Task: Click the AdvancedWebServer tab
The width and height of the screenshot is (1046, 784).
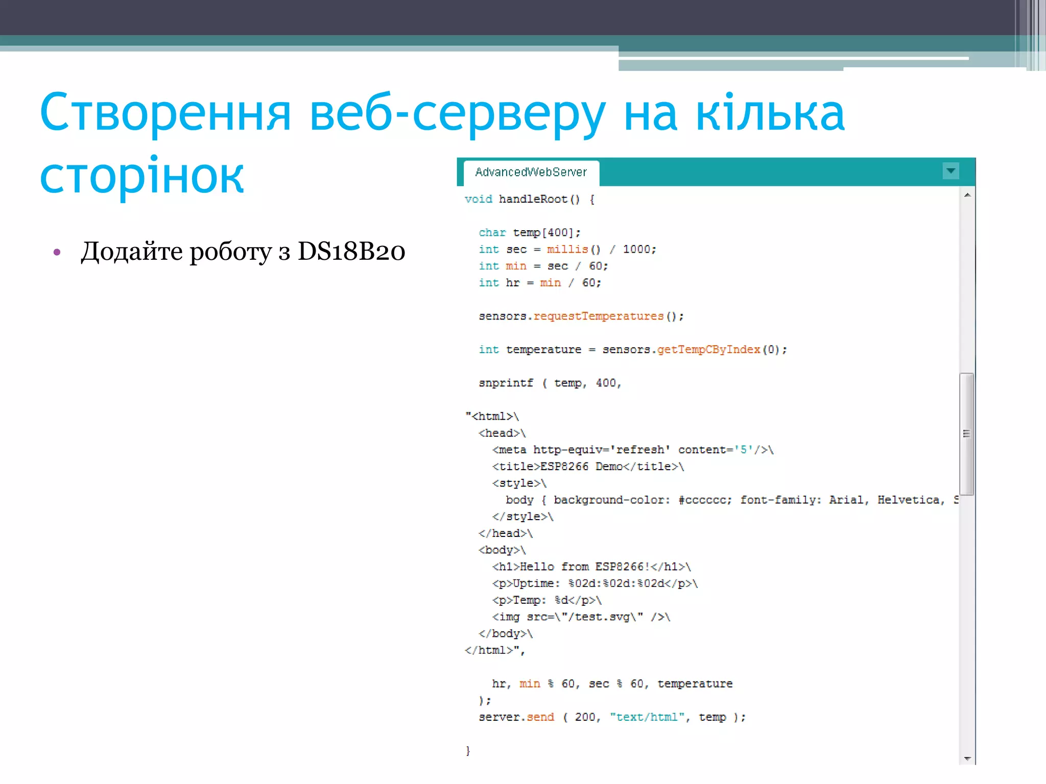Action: point(531,173)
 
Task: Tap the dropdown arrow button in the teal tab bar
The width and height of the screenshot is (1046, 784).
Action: point(950,171)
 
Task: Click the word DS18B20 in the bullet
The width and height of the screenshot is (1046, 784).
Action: point(351,251)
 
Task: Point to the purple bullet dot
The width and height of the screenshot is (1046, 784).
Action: point(57,252)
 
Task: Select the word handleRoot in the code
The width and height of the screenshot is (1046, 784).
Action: point(533,199)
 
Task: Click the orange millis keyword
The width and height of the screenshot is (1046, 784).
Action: point(567,249)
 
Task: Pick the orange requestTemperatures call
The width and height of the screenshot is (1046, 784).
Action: point(598,316)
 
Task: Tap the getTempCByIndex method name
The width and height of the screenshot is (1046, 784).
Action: point(708,350)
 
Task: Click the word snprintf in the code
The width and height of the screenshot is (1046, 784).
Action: point(506,383)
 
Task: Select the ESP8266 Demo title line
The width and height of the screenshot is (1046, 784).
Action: point(587,467)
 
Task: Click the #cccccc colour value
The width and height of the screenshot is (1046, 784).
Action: point(704,500)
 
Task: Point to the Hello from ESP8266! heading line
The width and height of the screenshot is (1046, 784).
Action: point(591,567)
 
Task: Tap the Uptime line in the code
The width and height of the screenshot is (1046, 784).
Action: point(595,583)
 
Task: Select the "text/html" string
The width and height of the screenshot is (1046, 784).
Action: point(647,717)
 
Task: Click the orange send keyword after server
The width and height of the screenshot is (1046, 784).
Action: point(540,717)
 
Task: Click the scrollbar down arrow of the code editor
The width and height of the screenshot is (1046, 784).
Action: point(967,759)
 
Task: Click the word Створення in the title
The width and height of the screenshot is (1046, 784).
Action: point(165,113)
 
